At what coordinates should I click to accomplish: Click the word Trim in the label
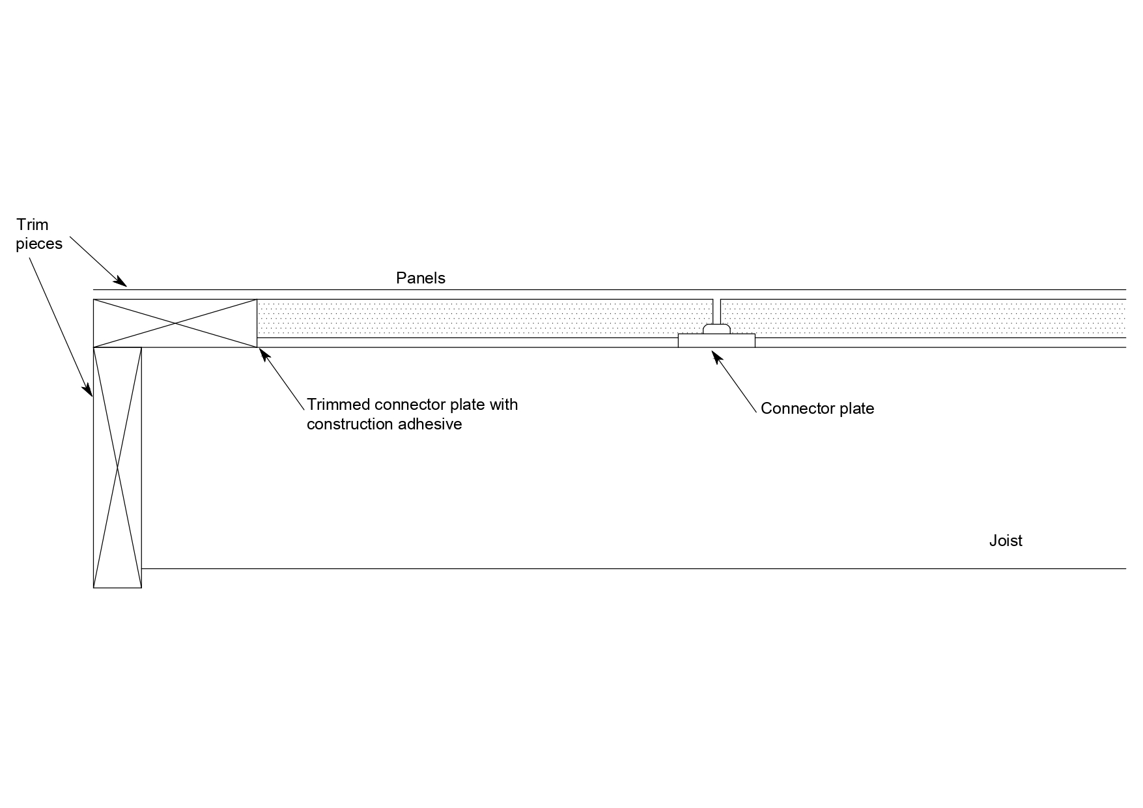(x=33, y=225)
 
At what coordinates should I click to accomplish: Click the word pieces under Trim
(x=39, y=244)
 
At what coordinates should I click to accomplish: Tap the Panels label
(x=421, y=278)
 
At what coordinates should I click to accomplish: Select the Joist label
(x=1006, y=541)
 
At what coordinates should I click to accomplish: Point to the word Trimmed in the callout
(x=339, y=405)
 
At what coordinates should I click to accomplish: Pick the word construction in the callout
(x=352, y=424)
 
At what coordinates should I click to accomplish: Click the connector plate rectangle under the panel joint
(x=716, y=341)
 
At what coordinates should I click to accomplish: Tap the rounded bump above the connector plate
(x=716, y=329)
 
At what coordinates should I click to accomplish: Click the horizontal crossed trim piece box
(x=175, y=323)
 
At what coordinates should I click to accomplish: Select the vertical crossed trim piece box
(x=118, y=467)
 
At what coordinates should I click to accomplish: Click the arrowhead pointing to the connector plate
(x=716, y=356)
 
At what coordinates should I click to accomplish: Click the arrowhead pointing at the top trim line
(x=121, y=282)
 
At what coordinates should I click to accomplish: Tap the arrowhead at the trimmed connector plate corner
(x=264, y=354)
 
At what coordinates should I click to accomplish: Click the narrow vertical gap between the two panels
(x=717, y=311)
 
